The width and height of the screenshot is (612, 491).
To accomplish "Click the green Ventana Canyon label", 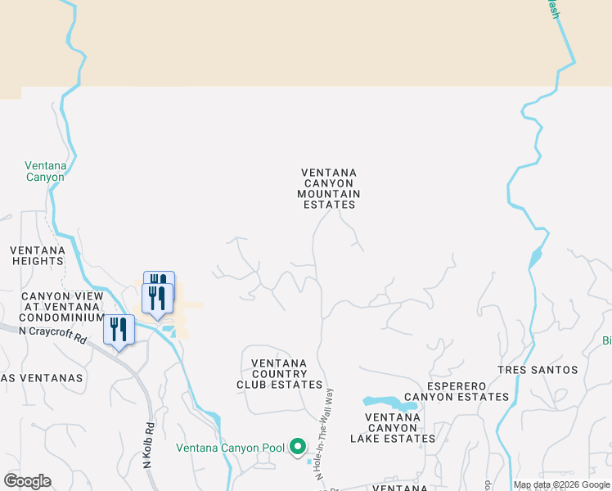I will click(44, 171).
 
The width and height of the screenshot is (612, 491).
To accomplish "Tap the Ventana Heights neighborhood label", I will click(38, 255).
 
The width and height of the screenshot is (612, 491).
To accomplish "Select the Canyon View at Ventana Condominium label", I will click(61, 307).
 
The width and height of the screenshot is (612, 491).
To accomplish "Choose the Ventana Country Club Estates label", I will click(279, 374).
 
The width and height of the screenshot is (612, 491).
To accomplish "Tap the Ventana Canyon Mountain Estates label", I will click(330, 188).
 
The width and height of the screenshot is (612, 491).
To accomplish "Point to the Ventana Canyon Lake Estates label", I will click(393, 428).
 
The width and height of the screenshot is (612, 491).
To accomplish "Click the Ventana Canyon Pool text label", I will click(230, 448).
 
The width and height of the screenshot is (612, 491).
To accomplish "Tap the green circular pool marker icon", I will click(298, 447).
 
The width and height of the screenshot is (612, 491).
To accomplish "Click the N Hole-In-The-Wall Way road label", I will click(326, 433).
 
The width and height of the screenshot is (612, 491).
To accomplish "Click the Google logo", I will click(27, 481).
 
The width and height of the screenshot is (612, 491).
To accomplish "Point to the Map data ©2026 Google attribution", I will click(561, 484).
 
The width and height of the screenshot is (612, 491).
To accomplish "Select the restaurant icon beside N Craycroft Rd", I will click(119, 330).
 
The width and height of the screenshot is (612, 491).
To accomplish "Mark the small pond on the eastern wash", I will click(535, 259).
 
